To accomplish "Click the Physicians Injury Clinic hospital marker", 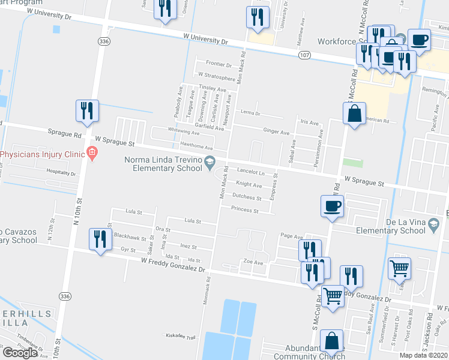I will pyautogui.click(x=91, y=154).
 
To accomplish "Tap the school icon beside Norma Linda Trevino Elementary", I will pyautogui.click(x=209, y=160).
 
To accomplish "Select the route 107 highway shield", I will pyautogui.click(x=304, y=55).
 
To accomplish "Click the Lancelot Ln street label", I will pyautogui.click(x=251, y=172).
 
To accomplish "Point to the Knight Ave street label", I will pyautogui.click(x=249, y=185).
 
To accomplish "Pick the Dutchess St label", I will pyautogui.click(x=247, y=197).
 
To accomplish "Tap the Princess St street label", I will pyautogui.click(x=244, y=211).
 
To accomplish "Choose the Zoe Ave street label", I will pyautogui.click(x=253, y=262).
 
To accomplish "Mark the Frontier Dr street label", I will pyautogui.click(x=218, y=64).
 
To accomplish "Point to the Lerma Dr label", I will pyautogui.click(x=250, y=113).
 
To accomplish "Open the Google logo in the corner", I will pyautogui.click(x=20, y=352).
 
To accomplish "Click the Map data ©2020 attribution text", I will pyautogui.click(x=424, y=356).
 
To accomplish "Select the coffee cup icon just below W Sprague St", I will pyautogui.click(x=332, y=206).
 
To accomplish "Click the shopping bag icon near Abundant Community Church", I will pyautogui.click(x=331, y=341).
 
